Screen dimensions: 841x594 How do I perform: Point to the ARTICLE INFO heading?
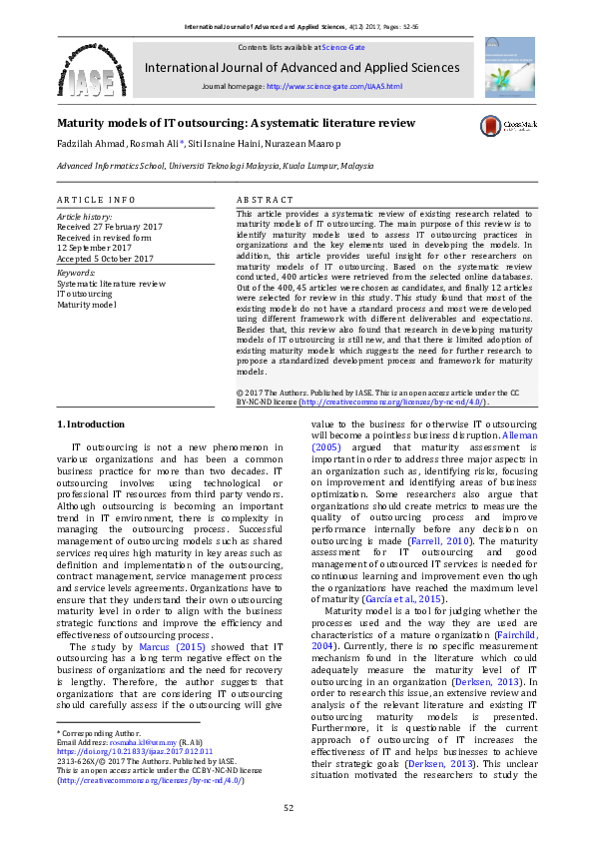(x=96, y=201)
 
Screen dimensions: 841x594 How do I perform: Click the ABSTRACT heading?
(x=266, y=201)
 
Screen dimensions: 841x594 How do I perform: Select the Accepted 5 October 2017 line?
(x=105, y=259)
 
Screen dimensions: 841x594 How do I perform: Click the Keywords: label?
(x=76, y=272)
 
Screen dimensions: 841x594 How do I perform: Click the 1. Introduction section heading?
(x=91, y=425)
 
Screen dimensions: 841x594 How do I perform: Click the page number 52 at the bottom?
(x=289, y=808)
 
